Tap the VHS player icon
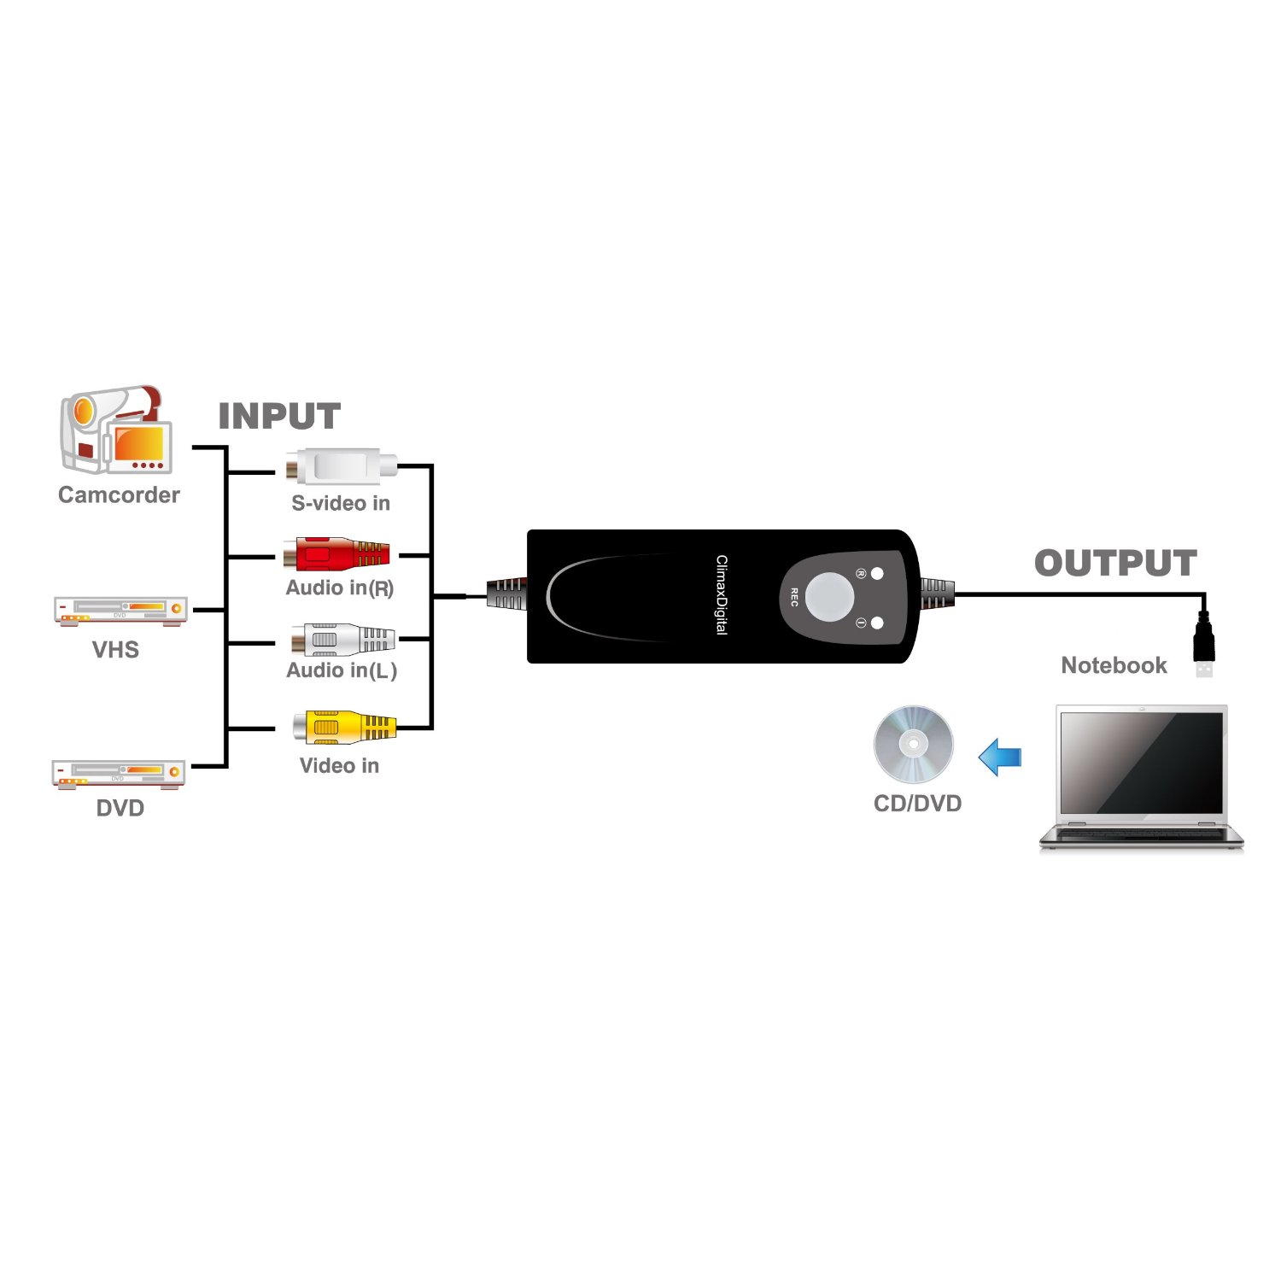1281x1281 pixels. (120, 611)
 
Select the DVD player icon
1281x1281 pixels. (119, 774)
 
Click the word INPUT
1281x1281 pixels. (279, 417)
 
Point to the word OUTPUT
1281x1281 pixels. (1115, 564)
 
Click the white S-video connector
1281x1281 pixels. (342, 467)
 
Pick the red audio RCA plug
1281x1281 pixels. (337, 554)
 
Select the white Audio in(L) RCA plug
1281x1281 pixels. (342, 639)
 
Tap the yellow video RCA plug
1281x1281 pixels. (344, 728)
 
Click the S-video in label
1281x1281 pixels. (341, 503)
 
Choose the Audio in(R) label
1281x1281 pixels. (340, 588)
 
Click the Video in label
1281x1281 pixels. (339, 765)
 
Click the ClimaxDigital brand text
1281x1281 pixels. (722, 594)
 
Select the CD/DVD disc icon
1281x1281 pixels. (913, 745)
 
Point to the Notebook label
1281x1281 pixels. (1114, 665)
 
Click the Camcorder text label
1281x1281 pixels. (119, 495)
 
